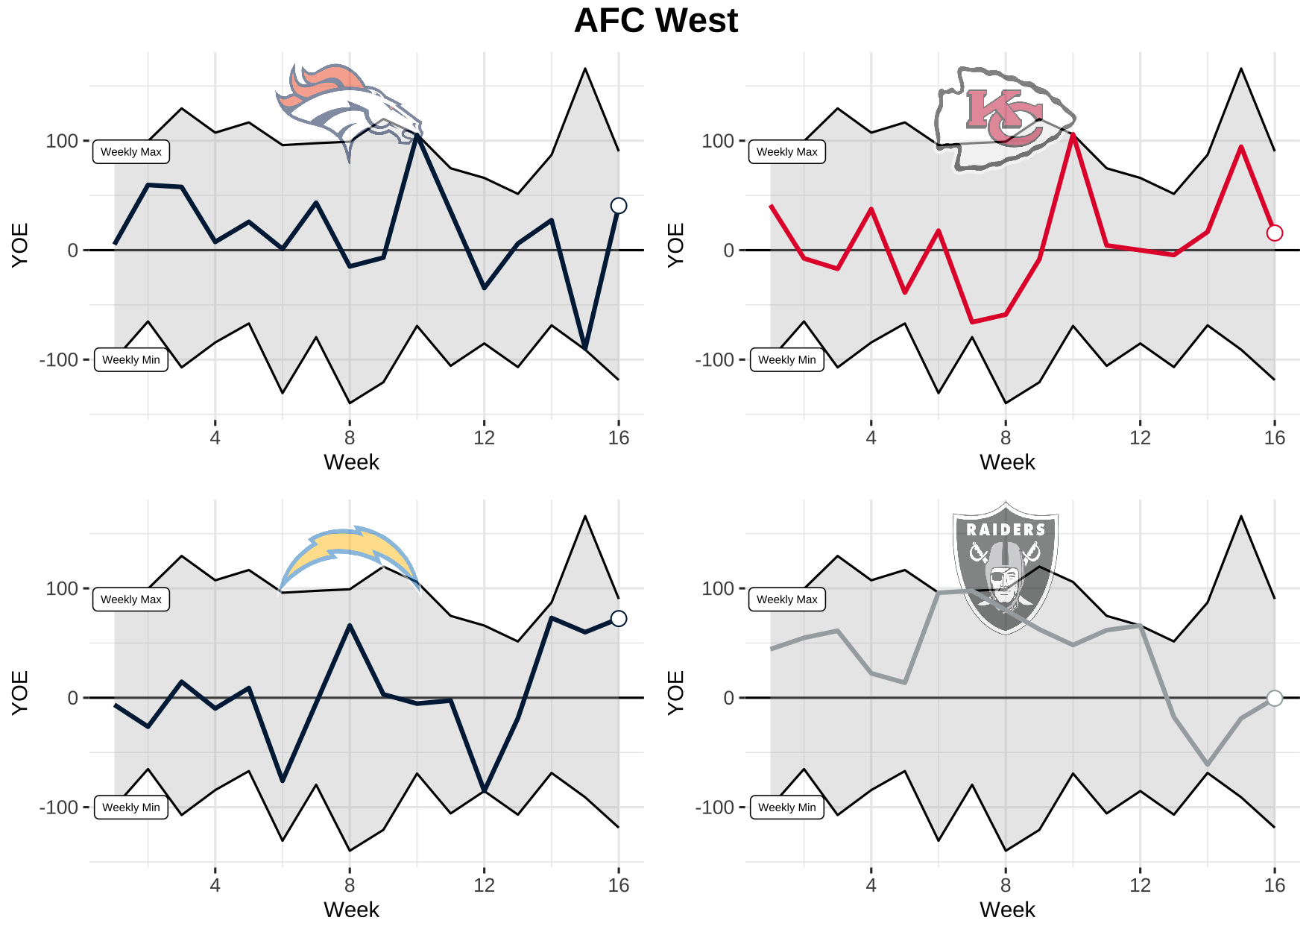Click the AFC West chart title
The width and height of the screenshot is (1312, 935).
pos(656,21)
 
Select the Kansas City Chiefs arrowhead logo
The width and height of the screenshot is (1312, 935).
pos(1003,119)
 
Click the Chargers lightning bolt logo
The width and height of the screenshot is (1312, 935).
pos(349,558)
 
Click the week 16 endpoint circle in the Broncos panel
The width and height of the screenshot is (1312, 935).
pos(619,206)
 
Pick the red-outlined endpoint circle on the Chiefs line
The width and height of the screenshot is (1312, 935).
pos(1275,233)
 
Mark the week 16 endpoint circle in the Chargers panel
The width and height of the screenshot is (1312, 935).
pos(619,618)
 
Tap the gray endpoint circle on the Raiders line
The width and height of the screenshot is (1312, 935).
pos(1275,698)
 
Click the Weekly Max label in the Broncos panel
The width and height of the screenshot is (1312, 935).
pos(131,152)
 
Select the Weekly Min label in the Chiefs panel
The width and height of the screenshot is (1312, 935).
pos(787,360)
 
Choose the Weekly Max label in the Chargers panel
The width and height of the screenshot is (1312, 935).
pos(131,599)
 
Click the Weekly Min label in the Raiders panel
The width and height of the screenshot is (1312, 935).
pos(787,807)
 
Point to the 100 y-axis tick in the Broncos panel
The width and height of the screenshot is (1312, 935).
pos(62,141)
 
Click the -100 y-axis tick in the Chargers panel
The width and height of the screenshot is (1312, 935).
pos(58,807)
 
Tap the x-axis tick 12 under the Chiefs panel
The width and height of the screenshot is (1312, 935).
pos(1140,438)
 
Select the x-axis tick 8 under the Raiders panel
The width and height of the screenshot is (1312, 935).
pos(1006,885)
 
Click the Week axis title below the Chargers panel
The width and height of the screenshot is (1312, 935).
pos(351,910)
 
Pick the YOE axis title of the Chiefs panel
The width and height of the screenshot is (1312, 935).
pos(675,245)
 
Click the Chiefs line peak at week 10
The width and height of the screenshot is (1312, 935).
pos(1073,135)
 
